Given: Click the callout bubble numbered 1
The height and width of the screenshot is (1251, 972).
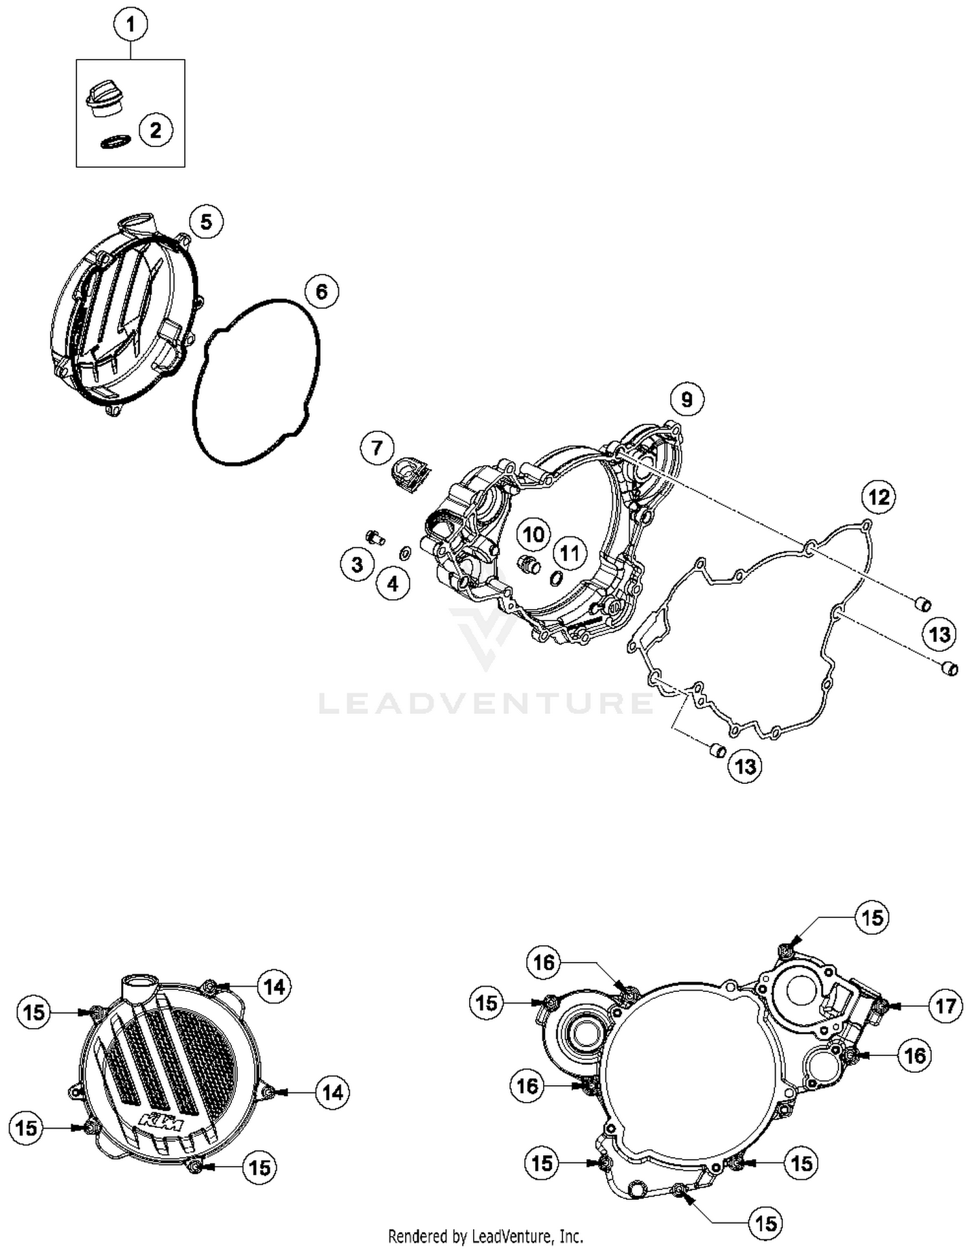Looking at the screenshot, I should [130, 25].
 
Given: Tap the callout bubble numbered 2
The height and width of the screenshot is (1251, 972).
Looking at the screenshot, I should [156, 130].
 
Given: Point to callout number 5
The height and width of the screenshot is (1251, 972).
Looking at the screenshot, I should [206, 222].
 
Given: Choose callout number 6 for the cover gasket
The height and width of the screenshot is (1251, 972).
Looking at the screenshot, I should [322, 292].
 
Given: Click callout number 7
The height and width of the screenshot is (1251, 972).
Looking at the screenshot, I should [377, 447].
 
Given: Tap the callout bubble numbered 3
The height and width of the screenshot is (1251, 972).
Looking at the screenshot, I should [357, 564].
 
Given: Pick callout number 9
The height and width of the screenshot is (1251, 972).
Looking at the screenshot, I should [687, 399].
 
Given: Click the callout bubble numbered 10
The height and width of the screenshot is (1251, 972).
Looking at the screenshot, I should [534, 534].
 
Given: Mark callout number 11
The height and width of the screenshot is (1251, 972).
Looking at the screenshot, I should [570, 553].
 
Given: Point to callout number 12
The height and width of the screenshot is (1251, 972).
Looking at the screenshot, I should [879, 497].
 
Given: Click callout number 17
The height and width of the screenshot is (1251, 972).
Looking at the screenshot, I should [946, 1006].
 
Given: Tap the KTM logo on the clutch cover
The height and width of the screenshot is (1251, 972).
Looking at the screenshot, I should [161, 1121].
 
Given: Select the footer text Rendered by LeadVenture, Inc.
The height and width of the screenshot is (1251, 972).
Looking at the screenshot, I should [485, 1236].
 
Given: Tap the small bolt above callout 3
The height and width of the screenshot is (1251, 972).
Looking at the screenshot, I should [375, 536].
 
